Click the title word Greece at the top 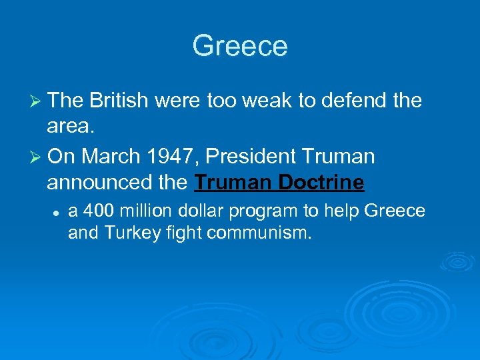click(240, 46)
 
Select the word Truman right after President click(339, 157)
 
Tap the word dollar click(203, 211)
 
